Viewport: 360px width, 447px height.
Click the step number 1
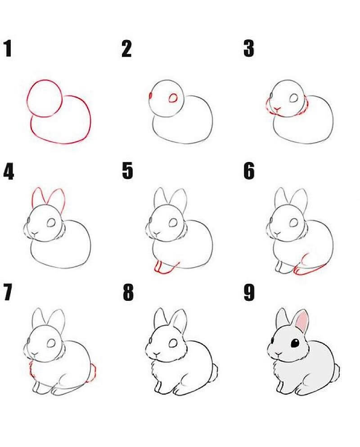pyautogui.click(x=8, y=49)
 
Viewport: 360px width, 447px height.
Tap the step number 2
pyautogui.click(x=126, y=49)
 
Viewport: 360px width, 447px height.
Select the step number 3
pyautogui.click(x=249, y=49)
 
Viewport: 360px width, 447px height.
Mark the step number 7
pyautogui.click(x=8, y=292)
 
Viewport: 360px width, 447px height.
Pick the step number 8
pyautogui.click(x=128, y=292)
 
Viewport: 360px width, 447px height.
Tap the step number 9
pyautogui.click(x=249, y=292)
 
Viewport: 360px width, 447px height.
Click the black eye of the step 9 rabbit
pyautogui.click(x=295, y=343)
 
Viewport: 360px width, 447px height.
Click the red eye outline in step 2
pyautogui.click(x=173, y=98)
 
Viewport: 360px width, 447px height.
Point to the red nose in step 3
pyautogui.click(x=277, y=109)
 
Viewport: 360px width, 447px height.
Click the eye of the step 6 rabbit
pyautogui.click(x=294, y=222)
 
